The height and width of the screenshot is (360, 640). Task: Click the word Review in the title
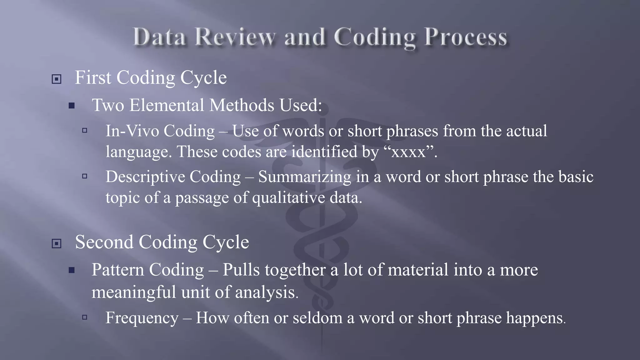pyautogui.click(x=235, y=37)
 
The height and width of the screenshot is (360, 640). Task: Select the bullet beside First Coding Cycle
pyautogui.click(x=56, y=79)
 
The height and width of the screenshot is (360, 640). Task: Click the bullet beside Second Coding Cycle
pyautogui.click(x=56, y=243)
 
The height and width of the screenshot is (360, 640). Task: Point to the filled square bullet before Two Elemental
pyautogui.click(x=72, y=106)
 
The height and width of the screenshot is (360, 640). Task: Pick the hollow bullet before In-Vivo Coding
pyautogui.click(x=85, y=130)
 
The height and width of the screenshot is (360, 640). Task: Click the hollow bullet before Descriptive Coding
pyautogui.click(x=85, y=176)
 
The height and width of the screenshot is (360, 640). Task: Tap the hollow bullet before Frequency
pyautogui.click(x=85, y=317)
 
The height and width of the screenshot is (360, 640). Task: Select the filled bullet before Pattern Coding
pyautogui.click(x=72, y=270)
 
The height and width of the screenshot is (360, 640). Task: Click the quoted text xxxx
pyautogui.click(x=408, y=152)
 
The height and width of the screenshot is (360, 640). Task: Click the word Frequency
pyautogui.click(x=142, y=318)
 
